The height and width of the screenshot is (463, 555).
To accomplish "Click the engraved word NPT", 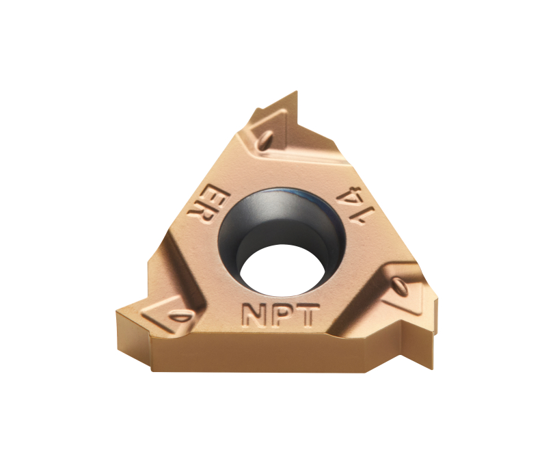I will coord(280,315).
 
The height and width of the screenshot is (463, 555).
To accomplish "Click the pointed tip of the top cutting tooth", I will coord(296,92).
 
